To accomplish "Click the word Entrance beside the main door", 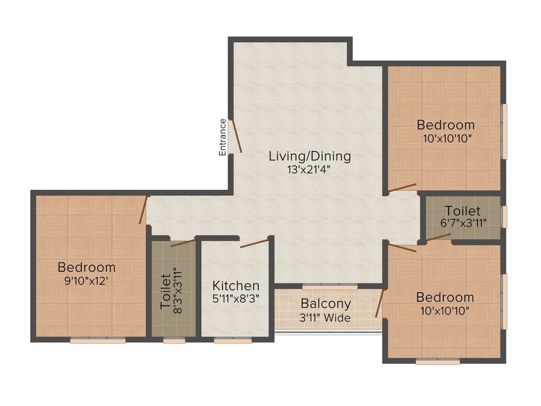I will click(223, 137).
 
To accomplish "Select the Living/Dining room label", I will click(310, 156).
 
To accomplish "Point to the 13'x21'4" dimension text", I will click(310, 170).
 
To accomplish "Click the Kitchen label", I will click(236, 286).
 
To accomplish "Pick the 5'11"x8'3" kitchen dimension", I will click(236, 299).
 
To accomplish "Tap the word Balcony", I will click(326, 304).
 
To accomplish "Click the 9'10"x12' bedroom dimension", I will click(87, 281).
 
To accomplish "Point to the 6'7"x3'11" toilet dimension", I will click(462, 224).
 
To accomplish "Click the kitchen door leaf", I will click(254, 243).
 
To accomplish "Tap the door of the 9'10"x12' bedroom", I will click(142, 210).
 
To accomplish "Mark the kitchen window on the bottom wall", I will click(232, 341).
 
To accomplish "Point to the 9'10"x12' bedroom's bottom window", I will click(98, 341).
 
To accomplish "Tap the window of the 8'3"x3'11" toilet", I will click(174, 341).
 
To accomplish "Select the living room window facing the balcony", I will click(330, 286).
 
